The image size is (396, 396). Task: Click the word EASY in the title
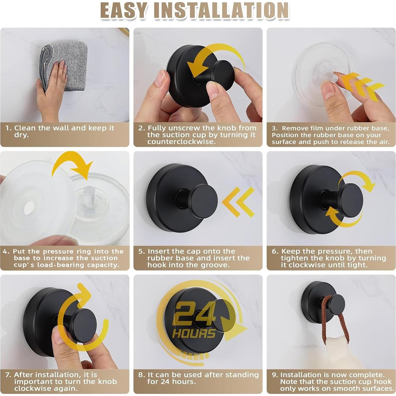point(123,10)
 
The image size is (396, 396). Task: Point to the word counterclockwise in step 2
point(181,142)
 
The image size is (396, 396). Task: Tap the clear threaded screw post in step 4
point(89,195)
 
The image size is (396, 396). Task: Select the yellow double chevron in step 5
point(238,202)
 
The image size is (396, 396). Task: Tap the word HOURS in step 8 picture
point(194,333)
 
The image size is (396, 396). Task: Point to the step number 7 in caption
point(8,375)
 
